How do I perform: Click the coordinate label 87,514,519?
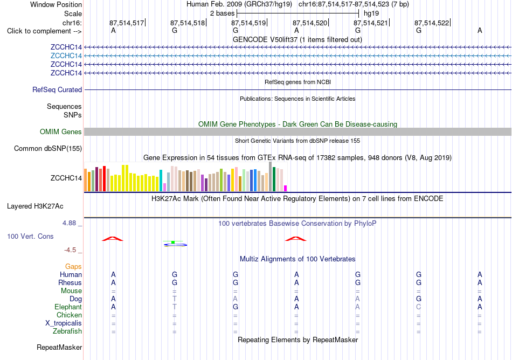pos(248,23)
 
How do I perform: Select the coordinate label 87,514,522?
pos(432,23)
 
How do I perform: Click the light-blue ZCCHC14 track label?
pos(66,56)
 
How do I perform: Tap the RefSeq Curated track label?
pos(57,90)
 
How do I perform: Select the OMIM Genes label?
pos(61,132)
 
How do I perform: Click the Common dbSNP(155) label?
pos(48,149)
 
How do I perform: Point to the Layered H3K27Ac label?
pos(35,206)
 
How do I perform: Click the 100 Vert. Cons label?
pos(30,236)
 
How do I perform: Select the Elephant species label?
pos(68,307)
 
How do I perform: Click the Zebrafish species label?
pos(67,331)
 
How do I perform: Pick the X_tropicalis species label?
pos(64,323)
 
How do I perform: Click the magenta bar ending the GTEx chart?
pos(286,188)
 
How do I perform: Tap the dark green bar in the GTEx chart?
pos(274,179)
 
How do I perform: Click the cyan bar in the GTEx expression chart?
pos(161,181)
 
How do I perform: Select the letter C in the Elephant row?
pos(419,307)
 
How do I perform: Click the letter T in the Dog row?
pos(175,299)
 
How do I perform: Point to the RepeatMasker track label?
pos(59,347)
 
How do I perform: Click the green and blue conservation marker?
pos(175,244)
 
